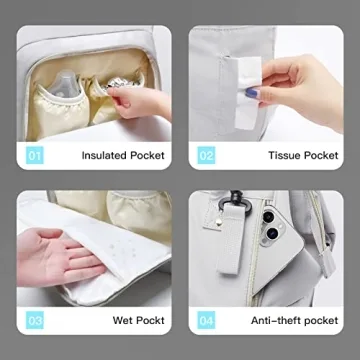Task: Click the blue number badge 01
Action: [x=35, y=155]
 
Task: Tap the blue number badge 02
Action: [x=206, y=155]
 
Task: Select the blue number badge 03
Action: [x=35, y=320]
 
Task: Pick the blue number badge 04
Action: [x=206, y=320]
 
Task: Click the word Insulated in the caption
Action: [x=104, y=155]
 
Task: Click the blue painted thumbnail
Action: [x=251, y=92]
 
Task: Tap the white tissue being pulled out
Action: [x=247, y=92]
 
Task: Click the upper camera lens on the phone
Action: [x=268, y=217]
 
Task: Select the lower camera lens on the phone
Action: [x=273, y=233]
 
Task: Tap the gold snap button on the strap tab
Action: [x=218, y=221]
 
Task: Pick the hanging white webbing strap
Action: [x=229, y=239]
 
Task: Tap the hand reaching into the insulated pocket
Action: [x=139, y=102]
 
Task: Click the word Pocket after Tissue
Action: [x=321, y=155]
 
